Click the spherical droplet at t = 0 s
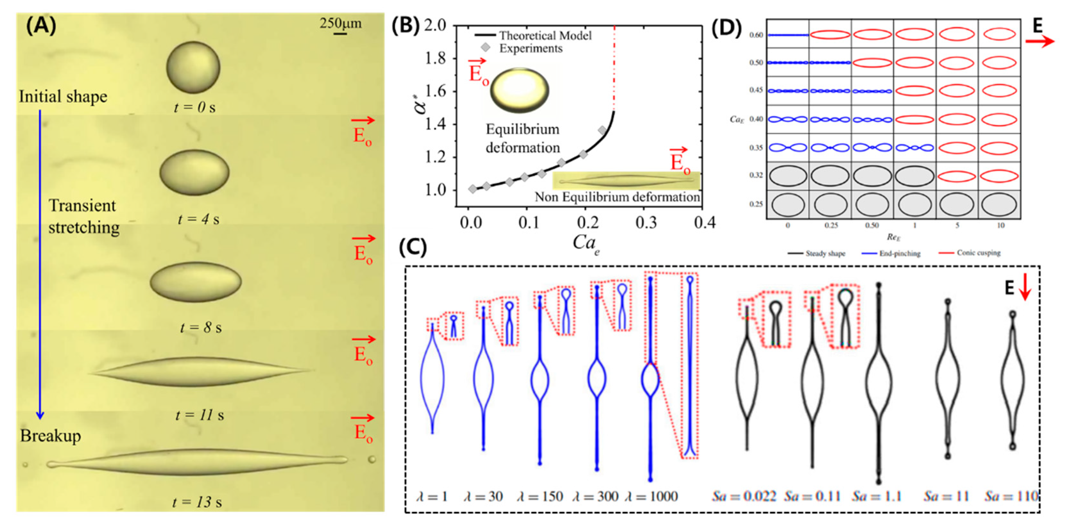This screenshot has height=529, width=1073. (x=193, y=67)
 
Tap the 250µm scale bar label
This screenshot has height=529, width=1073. (x=340, y=23)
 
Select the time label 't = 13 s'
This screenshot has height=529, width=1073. (x=197, y=502)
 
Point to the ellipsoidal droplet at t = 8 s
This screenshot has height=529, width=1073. (x=195, y=282)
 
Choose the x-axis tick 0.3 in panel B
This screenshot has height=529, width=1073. (x=646, y=223)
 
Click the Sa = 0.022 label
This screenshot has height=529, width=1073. (x=743, y=497)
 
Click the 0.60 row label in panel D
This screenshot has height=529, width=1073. (x=756, y=35)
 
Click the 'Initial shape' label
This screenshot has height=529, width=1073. (x=63, y=97)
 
